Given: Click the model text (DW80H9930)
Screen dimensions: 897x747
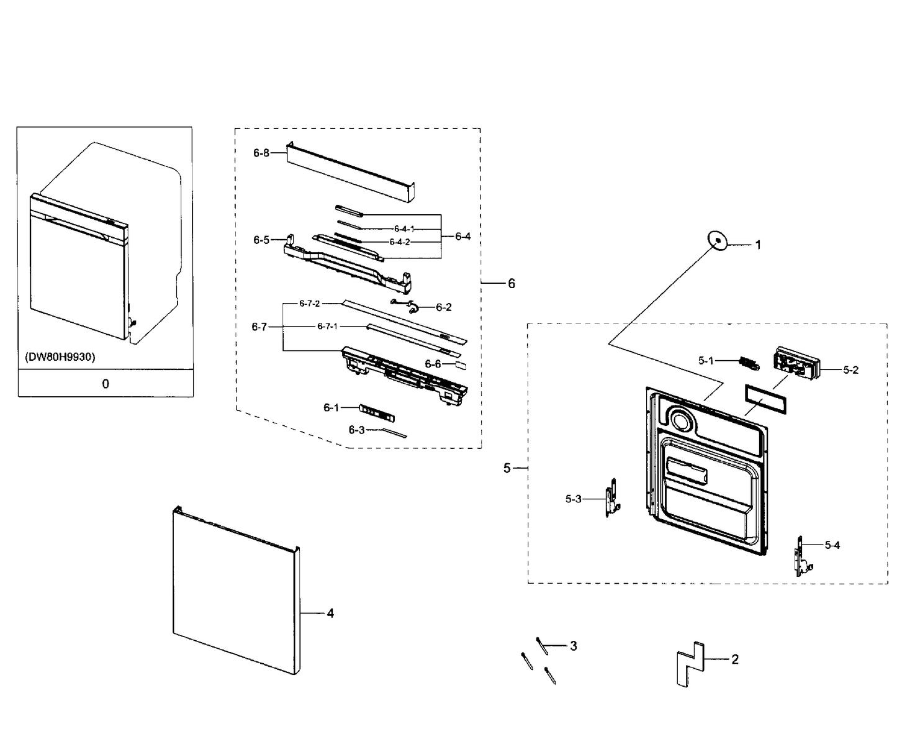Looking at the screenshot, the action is coord(60,357).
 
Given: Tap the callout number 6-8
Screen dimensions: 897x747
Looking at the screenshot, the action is coord(261,153).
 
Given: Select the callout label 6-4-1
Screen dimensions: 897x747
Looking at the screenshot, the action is coord(404,229).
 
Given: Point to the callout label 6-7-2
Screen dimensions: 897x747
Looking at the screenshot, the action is coord(310,304).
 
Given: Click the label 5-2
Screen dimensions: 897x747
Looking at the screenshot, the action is coord(850,369).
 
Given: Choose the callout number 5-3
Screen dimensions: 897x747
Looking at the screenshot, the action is coord(574,499).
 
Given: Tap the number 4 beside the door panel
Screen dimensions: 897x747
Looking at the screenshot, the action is coord(330,613).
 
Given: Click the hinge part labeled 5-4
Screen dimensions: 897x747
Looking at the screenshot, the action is coord(801,556).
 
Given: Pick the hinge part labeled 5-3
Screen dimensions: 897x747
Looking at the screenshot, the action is coord(611,498).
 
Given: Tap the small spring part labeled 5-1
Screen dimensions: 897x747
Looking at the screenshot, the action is coord(749,364).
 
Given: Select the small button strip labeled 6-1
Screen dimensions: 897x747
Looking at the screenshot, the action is coord(377,413).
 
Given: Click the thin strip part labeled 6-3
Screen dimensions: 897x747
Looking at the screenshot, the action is coord(395,433).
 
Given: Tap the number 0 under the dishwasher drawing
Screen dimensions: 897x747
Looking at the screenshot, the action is coord(106,384).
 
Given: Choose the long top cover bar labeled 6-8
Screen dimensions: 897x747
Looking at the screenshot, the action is coord(351,172).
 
